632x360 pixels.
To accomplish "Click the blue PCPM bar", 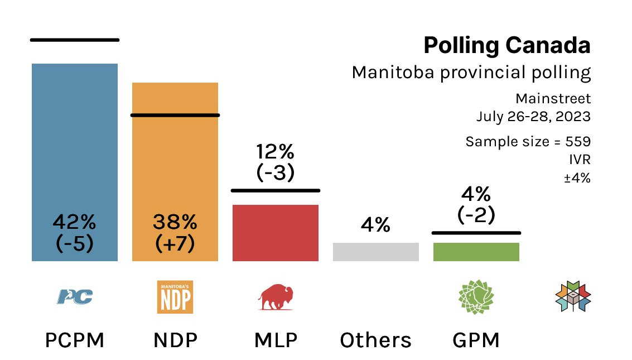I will [75, 140].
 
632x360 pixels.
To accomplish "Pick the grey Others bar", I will [375, 252].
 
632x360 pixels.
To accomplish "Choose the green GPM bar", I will [476, 252].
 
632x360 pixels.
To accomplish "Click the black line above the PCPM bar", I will [75, 40].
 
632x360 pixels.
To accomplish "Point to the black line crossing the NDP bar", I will [175, 115].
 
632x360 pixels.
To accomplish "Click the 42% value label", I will [75, 223].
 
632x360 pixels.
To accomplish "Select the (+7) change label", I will [175, 244].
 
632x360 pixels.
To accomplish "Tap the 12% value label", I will [276, 152].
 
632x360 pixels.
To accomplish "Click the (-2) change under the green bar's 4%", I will [476, 215].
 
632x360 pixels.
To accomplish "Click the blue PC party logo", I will [75, 296].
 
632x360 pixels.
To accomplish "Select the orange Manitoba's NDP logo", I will [175, 296].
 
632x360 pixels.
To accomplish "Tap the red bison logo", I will [276, 296].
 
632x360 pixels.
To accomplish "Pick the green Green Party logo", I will [476, 296].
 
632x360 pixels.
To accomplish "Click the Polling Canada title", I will [506, 46].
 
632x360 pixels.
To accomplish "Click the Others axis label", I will [375, 340].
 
